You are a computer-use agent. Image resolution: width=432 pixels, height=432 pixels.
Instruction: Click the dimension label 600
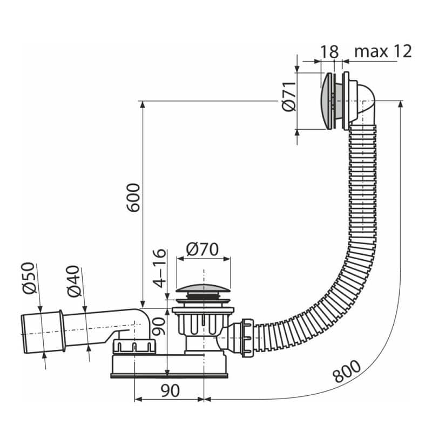133,197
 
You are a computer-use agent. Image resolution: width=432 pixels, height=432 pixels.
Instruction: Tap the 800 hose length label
346,372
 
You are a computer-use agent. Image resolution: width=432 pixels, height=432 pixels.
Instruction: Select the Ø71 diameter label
289,96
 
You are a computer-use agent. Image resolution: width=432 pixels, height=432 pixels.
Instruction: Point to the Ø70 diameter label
202,249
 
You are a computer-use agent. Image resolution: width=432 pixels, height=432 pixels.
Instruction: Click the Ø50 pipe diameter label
29,278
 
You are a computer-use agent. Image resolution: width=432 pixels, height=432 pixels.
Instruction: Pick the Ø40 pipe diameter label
74,281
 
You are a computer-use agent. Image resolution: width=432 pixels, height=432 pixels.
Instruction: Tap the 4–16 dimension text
160,268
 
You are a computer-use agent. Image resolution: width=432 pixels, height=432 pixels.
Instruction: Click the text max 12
383,51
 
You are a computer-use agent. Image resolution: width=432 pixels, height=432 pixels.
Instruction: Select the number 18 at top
329,51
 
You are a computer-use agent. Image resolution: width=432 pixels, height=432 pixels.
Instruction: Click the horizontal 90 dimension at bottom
170,390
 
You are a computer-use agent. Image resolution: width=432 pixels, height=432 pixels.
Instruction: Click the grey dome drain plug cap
203,288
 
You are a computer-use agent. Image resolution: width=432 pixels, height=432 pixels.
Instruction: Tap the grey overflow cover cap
326,101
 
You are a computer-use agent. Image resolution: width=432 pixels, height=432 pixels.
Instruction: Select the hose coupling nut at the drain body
247,337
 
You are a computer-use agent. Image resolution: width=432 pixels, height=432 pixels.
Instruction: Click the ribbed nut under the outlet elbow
134,346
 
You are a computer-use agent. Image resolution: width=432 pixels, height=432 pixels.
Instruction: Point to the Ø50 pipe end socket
43,332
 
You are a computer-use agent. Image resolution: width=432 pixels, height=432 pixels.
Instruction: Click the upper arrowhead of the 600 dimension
142,105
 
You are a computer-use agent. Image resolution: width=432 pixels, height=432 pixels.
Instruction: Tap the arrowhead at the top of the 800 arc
401,104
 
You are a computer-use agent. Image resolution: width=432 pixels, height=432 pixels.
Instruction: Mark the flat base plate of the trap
169,375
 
